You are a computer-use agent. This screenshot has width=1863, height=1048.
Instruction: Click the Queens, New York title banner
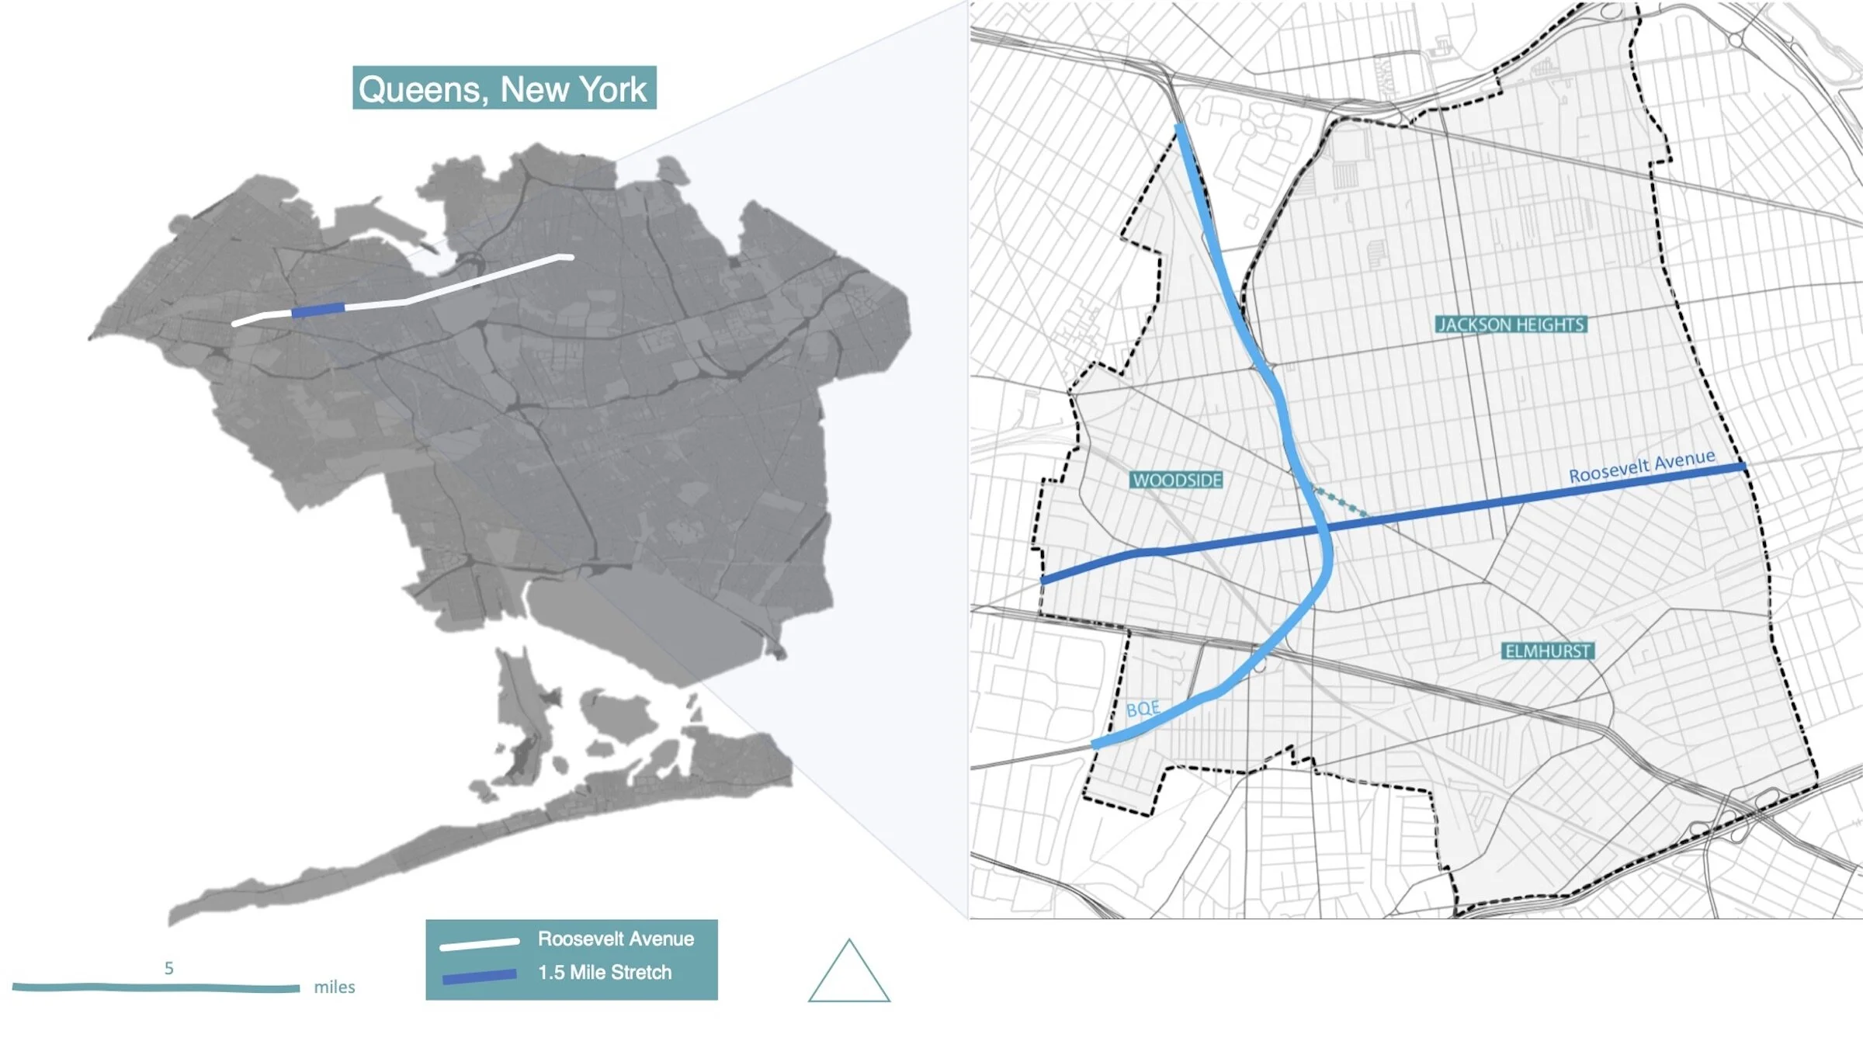504,88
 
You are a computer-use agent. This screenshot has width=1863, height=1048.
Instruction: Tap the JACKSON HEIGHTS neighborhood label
1511,324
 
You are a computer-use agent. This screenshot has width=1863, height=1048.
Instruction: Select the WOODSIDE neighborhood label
1177,480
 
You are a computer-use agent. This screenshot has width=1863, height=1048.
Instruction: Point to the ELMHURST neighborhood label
1548,651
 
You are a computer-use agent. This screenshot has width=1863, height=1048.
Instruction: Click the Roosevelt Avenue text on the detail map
1642,466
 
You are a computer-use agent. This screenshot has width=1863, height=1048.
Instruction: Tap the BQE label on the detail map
1143,709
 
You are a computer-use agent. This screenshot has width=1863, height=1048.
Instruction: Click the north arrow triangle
848,974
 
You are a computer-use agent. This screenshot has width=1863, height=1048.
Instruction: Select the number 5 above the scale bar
168,968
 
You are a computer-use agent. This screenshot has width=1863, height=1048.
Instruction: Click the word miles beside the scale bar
335,987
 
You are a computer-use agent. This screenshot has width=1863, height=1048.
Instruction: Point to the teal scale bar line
155,987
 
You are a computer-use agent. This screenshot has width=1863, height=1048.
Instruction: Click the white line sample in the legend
479,944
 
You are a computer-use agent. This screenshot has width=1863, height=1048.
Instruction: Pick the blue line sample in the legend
479,976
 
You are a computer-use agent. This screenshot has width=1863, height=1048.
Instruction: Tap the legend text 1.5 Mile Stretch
605,972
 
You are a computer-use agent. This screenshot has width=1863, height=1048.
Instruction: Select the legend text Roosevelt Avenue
616,939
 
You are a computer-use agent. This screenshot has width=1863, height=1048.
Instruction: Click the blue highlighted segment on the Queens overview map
317,311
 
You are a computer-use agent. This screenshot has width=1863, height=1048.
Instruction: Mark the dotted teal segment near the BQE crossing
1339,501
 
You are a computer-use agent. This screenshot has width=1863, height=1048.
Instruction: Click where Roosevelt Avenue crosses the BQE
1324,528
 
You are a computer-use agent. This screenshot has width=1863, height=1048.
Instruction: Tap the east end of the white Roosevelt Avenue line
570,257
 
